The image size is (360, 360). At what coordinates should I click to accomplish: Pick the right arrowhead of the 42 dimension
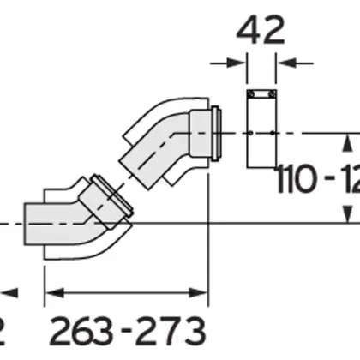pyautogui.click(x=285, y=61)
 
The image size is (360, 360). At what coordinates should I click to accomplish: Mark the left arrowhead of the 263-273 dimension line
pyautogui.click(x=51, y=293)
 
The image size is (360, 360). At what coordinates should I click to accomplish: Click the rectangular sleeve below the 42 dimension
pyautogui.click(x=262, y=129)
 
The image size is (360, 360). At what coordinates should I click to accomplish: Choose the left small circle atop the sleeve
pyautogui.click(x=251, y=93)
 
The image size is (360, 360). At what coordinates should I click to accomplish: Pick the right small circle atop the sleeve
pyautogui.click(x=273, y=93)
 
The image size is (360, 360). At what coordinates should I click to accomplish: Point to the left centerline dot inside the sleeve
pyautogui.click(x=251, y=133)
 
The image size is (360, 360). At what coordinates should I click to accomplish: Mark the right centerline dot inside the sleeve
pyautogui.click(x=273, y=133)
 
